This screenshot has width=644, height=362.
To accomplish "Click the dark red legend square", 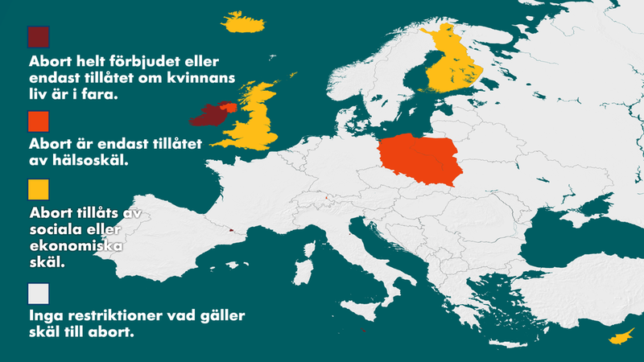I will [x=39, y=38].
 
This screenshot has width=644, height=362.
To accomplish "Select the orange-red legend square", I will [x=39, y=121].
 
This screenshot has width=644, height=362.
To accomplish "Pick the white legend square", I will [x=39, y=291].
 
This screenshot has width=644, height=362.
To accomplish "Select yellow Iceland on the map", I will [x=246, y=23].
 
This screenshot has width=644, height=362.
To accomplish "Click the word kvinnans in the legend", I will [x=202, y=78].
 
